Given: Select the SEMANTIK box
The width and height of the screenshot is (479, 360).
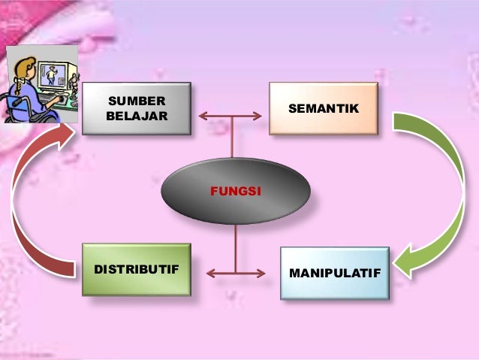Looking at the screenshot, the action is point(323,109).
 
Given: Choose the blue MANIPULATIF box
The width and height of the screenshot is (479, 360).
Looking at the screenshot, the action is point(334,272).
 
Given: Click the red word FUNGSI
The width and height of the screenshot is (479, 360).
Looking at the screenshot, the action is point(235,192).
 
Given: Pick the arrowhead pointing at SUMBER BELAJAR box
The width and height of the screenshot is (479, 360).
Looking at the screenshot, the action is point(203,116).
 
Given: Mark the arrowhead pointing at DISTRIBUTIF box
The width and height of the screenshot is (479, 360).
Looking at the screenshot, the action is point(207,271).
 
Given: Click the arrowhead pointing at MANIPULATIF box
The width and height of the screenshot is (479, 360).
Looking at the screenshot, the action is point(264,271).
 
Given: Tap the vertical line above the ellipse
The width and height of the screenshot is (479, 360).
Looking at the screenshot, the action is point(235,138).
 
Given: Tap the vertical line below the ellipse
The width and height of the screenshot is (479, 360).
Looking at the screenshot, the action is point(235,248).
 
